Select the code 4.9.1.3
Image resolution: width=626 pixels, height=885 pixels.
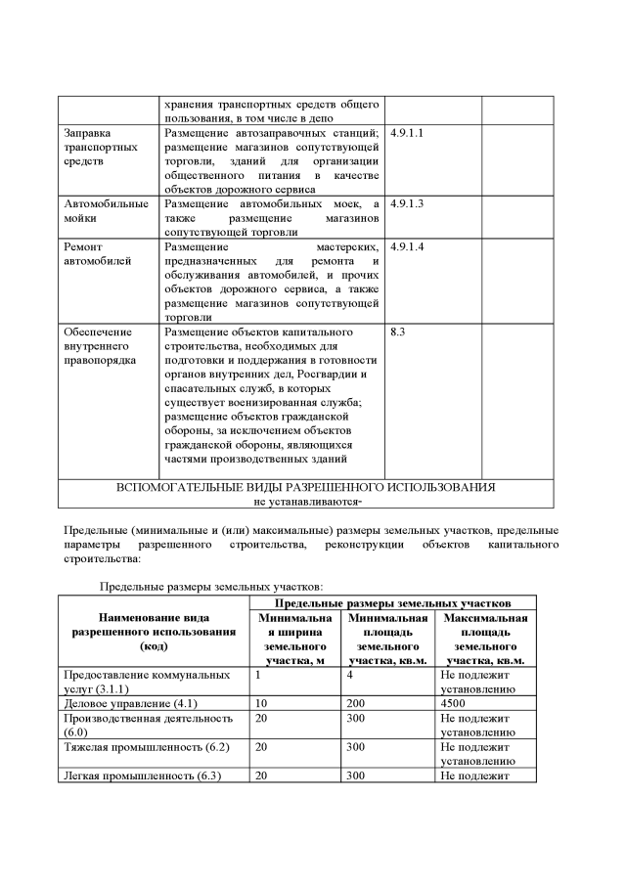click(406, 203)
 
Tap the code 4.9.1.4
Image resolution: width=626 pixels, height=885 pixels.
click(406, 247)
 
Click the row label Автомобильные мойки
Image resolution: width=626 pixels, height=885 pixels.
click(106, 210)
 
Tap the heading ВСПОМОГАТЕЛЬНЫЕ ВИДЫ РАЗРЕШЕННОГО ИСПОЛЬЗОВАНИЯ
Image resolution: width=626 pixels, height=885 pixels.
click(305, 487)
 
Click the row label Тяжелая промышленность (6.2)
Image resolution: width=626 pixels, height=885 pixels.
click(141, 746)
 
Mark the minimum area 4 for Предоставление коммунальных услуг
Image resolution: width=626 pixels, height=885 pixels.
click(349, 675)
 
